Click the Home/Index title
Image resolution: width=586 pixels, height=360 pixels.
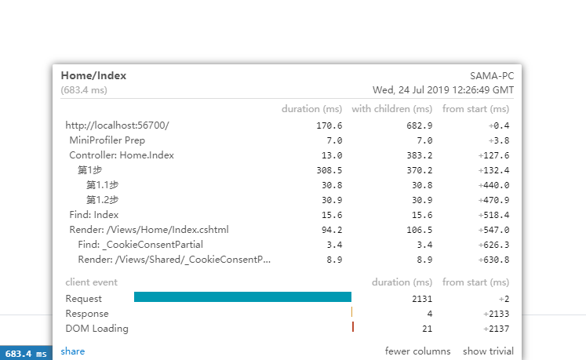point(93,75)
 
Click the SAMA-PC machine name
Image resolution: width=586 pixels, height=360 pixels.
point(491,76)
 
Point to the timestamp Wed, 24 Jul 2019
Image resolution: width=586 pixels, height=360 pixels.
point(443,90)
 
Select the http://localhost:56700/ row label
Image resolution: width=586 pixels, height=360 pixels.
point(118,125)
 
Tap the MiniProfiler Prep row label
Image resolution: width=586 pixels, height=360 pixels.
point(107,140)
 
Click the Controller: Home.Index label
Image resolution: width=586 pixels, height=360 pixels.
point(122,155)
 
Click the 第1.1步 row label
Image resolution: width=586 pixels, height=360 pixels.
point(102,185)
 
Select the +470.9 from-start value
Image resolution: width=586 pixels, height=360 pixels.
point(493,200)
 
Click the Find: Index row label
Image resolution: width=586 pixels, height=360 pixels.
point(94,215)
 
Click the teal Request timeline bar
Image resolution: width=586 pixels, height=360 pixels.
point(242,297)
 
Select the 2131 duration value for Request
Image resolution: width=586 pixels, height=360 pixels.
point(423,298)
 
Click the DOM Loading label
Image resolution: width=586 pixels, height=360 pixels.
point(97,329)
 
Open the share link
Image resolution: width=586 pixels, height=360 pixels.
point(72,351)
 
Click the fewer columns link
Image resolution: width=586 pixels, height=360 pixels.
point(418,351)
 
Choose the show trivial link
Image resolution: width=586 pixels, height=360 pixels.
point(488,351)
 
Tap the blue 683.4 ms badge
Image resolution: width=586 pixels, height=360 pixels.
point(26,355)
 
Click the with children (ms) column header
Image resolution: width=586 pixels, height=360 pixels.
point(391,109)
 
